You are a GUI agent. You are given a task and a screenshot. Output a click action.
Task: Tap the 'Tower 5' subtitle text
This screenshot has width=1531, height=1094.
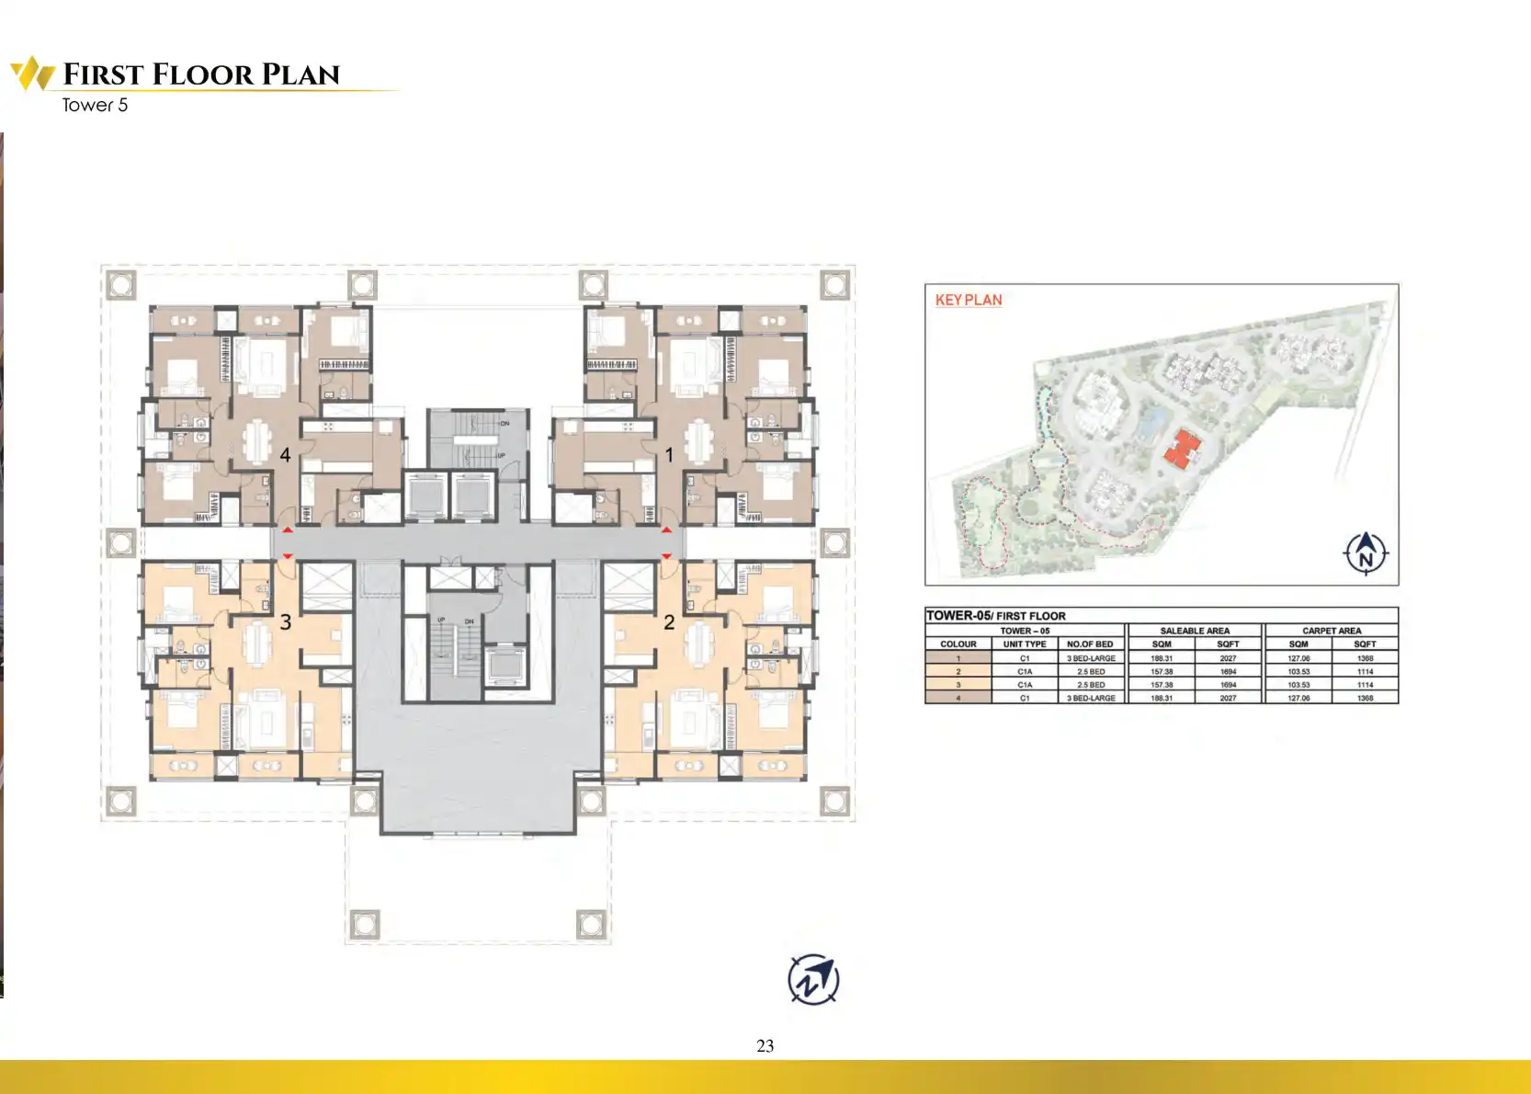(95, 105)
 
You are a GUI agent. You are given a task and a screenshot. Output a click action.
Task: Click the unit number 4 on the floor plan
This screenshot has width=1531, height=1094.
(286, 455)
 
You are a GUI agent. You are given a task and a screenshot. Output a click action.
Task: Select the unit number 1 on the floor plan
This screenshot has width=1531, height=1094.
(669, 455)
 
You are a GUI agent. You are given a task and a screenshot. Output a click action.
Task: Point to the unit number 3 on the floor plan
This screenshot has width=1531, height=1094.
(286, 622)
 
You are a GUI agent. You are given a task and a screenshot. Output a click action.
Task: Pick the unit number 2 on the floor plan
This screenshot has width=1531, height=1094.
(669, 622)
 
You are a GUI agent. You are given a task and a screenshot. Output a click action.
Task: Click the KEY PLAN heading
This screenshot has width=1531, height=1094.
(969, 300)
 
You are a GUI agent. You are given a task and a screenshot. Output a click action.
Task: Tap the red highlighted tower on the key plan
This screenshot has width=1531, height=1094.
(1183, 450)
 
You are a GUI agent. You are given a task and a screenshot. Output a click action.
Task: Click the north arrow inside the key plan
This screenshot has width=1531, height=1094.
(1366, 553)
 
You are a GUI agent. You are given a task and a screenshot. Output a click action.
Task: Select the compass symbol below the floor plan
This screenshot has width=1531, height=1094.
(813, 979)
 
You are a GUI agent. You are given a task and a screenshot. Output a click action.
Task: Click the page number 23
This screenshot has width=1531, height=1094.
(765, 1045)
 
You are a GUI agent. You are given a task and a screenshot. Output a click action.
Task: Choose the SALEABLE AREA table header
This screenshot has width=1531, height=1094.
(1194, 631)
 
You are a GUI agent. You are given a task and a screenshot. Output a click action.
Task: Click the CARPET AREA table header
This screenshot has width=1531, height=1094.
(1331, 631)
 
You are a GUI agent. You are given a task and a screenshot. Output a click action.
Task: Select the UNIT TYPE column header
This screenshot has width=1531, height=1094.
(1025, 644)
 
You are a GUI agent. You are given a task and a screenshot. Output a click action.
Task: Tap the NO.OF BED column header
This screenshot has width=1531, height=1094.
(1090, 644)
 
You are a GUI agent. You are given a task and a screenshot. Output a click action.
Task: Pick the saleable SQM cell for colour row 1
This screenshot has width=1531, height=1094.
(1162, 658)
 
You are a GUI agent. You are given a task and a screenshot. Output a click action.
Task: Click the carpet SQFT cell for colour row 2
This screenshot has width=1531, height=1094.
(1365, 672)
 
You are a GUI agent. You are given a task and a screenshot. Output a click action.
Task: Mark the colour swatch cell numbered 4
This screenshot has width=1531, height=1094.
(958, 699)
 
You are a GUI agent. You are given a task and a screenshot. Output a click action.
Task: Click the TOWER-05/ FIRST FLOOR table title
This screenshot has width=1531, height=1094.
(995, 616)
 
